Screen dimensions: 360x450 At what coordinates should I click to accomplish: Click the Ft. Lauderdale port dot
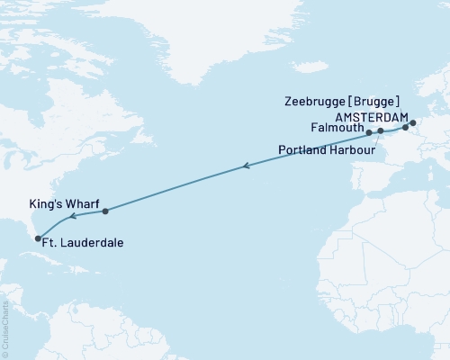point(38,238)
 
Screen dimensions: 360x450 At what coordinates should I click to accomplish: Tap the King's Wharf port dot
point(105,211)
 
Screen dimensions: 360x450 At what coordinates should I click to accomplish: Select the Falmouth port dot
point(369,132)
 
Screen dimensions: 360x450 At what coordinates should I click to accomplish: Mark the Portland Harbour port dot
point(381,131)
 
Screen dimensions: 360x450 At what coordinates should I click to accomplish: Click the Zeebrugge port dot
point(405,127)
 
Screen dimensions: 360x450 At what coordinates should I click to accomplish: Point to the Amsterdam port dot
point(413,122)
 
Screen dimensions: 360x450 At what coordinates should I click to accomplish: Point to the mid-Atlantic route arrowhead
point(246,166)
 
